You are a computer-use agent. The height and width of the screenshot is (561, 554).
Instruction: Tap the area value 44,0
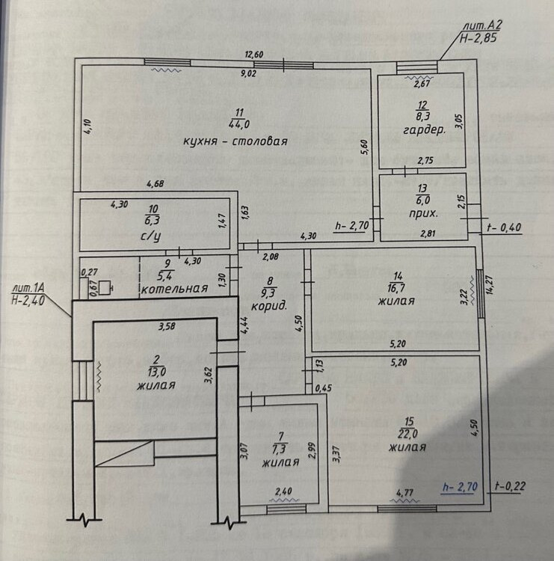point(238,124)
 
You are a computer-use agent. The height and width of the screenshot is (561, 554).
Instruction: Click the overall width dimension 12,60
point(256,54)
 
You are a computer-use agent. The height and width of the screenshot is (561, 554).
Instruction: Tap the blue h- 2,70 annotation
point(460,488)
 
